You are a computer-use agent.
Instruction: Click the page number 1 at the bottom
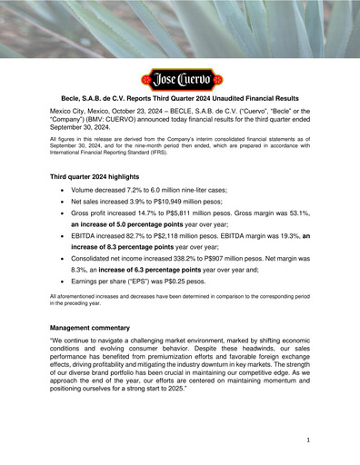309,440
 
